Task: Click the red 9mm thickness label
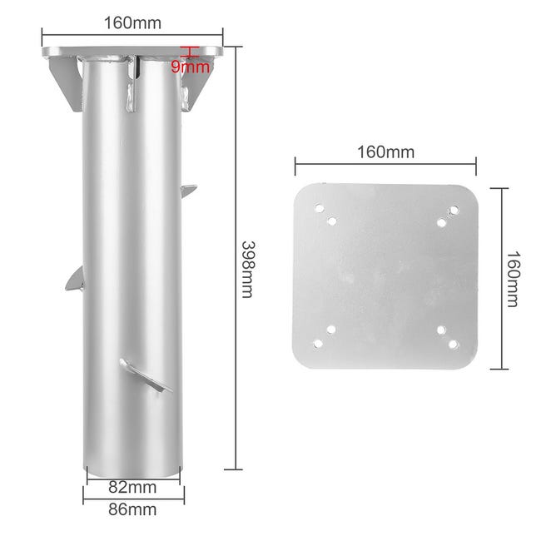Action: click(191, 67)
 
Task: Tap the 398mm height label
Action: click(248, 269)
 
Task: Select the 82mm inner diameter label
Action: click(132, 487)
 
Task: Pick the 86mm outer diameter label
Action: click(132, 509)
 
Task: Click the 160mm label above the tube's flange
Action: click(132, 23)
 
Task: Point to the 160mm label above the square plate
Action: click(385, 152)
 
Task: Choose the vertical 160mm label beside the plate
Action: click(513, 279)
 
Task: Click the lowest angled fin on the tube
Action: click(146, 375)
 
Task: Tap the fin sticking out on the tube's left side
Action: click(75, 278)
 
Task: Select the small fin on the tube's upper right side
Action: click(189, 191)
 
